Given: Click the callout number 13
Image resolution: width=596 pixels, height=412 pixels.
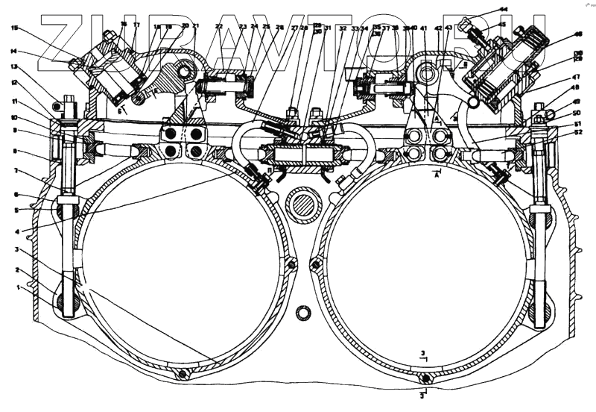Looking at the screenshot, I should [x=14, y=66].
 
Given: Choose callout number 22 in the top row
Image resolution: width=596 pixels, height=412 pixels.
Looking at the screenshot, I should [x=219, y=27].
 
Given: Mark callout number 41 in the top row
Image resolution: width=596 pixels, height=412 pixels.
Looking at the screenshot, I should [x=423, y=28].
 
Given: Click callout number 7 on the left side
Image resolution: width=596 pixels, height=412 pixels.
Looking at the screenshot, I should [x=14, y=171].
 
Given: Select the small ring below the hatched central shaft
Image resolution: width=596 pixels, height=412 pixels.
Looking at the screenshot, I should [x=303, y=312].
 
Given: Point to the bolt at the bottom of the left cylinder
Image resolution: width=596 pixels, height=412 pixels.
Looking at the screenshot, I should [x=181, y=375].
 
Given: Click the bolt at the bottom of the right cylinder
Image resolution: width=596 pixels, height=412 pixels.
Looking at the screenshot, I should [x=422, y=378].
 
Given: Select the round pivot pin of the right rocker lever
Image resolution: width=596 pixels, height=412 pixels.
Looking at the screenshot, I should [x=428, y=74].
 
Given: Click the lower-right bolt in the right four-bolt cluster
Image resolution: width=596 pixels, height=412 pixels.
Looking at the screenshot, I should [x=440, y=153].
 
